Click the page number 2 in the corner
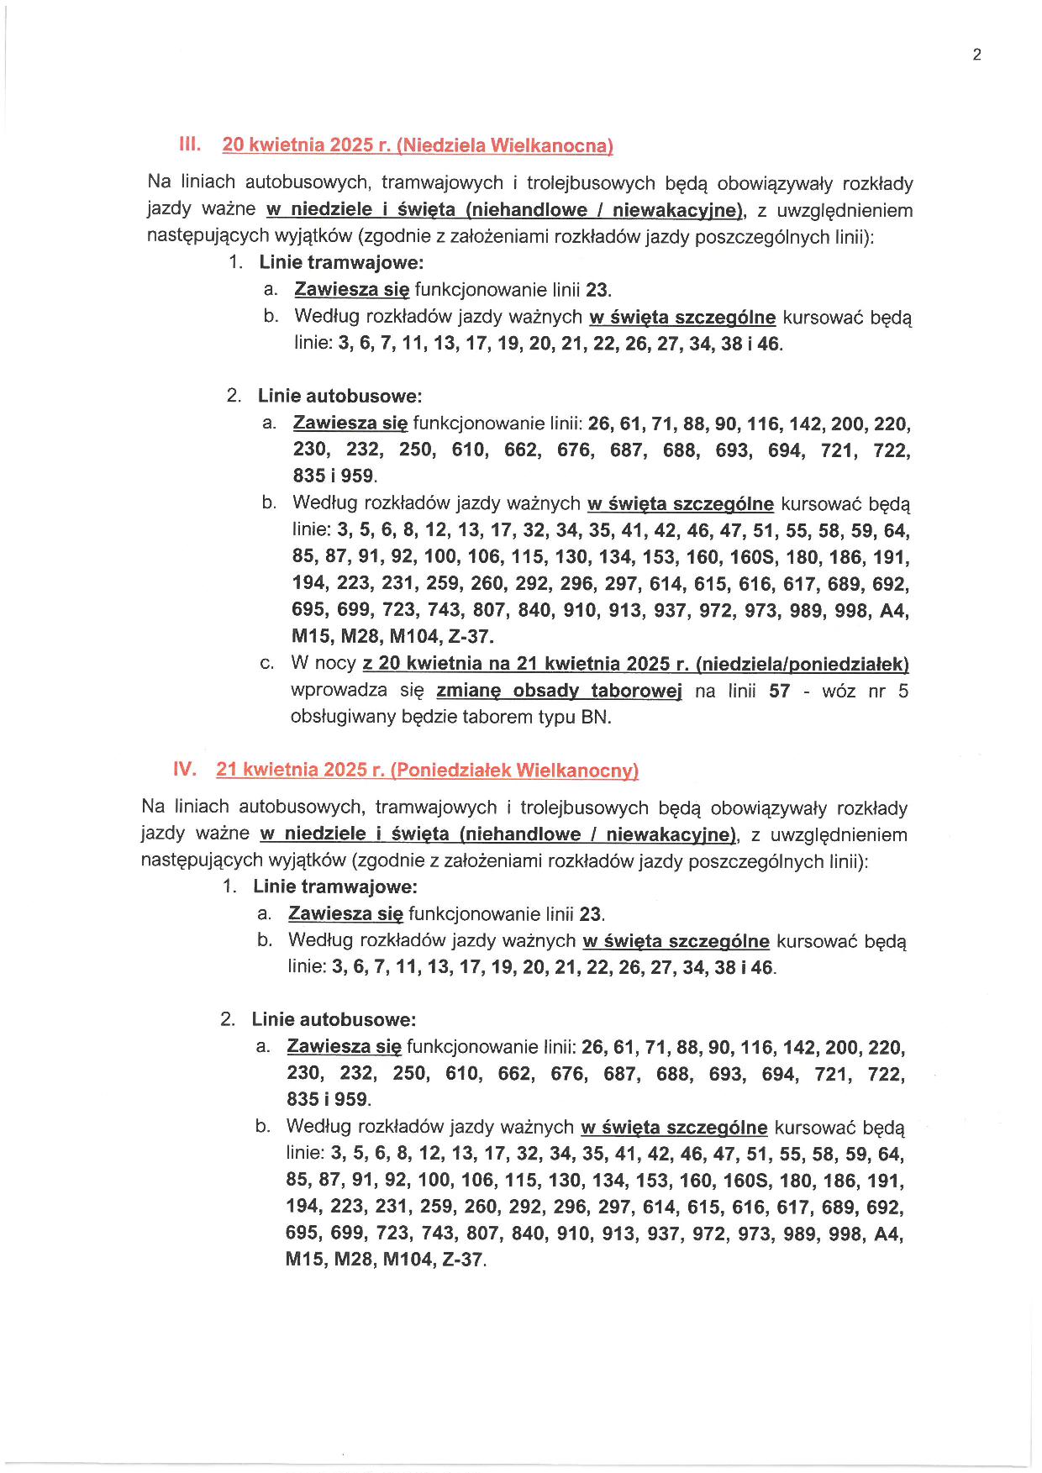click(976, 55)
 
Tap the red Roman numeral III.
click(190, 144)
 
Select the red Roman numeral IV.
click(184, 768)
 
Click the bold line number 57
click(779, 691)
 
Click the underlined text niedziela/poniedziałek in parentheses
click(803, 664)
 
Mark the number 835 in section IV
click(303, 1099)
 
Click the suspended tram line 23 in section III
click(597, 290)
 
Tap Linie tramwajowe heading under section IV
click(334, 886)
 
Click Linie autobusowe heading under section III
click(339, 395)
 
